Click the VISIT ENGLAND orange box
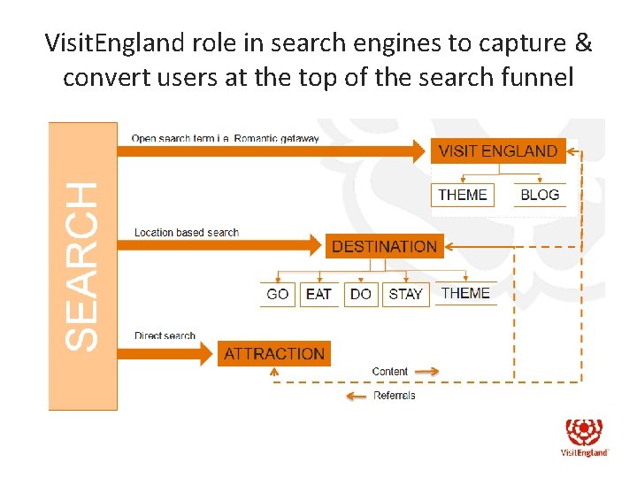pos(498,150)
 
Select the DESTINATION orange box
pos(384,246)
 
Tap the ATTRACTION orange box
pos(274,354)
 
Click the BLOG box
pos(540,195)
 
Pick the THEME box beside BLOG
pos(463,195)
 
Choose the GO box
pos(278,294)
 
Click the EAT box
pos(318,294)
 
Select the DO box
pos(361,294)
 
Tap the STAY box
pos(406,294)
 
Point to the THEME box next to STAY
pos(465,293)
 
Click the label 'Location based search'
pos(187,233)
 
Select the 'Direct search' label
pos(165,336)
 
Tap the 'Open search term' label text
pos(226,139)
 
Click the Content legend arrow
pos(426,372)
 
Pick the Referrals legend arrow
pos(357,396)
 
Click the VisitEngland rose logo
pos(585,432)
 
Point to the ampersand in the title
pos(583,42)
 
